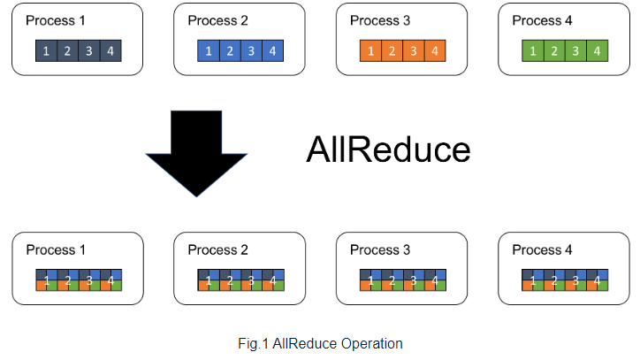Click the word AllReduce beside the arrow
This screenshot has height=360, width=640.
388,149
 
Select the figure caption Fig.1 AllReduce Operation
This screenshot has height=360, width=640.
320,344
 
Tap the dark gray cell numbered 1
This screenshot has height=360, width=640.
46,51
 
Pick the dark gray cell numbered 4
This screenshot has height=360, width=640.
110,51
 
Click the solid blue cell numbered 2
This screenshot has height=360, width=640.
230,51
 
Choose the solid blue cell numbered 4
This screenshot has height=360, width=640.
272,51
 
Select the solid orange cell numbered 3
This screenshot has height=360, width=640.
414,51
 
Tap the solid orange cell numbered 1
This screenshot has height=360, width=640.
370,51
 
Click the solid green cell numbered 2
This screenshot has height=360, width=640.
554,51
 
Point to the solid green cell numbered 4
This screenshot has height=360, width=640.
598,51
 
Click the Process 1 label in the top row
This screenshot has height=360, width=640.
56,20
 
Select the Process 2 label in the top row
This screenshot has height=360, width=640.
218,20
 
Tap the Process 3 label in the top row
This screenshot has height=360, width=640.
380,20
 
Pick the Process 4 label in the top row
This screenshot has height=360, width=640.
542,20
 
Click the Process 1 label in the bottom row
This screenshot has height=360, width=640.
56,249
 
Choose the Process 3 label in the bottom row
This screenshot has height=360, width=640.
380,249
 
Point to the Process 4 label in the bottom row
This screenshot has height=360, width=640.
542,249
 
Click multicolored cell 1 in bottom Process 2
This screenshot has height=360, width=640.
209,280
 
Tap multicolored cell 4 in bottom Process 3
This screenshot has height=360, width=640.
435,280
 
